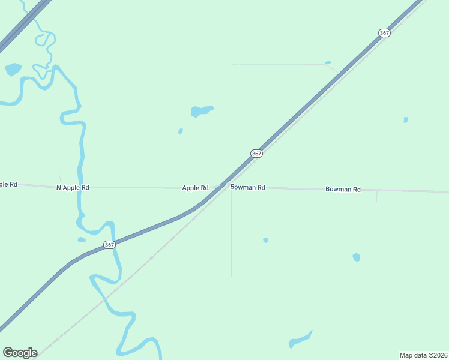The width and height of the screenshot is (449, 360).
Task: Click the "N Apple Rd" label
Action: [x=73, y=188]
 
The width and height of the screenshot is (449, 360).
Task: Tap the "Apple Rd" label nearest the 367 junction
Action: [x=195, y=188]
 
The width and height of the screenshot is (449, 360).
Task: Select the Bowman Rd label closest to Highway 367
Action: [x=248, y=188]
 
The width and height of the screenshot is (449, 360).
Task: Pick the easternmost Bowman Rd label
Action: [x=343, y=189]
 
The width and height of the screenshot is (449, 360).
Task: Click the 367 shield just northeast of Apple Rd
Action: [x=256, y=154]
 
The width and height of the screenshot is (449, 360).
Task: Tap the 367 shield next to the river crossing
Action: [x=109, y=245]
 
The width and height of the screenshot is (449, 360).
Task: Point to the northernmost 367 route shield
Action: [x=385, y=33]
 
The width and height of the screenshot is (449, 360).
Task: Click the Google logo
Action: [x=20, y=353]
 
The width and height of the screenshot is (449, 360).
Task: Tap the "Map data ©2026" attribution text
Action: [x=423, y=355]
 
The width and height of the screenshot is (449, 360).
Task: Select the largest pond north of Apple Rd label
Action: [x=200, y=111]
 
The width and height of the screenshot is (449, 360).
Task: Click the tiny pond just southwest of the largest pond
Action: [x=180, y=131]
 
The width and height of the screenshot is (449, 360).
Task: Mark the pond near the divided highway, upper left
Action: [x=13, y=69]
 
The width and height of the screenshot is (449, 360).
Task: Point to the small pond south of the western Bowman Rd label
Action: [x=265, y=240]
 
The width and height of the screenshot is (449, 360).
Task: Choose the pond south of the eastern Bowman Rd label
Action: [x=356, y=257]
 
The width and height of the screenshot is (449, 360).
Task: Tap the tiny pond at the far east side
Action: [x=406, y=120]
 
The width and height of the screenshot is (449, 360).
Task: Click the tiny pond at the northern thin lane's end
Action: [x=328, y=62]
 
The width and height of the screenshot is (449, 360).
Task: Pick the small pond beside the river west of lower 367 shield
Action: [x=82, y=240]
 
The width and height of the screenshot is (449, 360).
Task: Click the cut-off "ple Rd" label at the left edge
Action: [x=8, y=184]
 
